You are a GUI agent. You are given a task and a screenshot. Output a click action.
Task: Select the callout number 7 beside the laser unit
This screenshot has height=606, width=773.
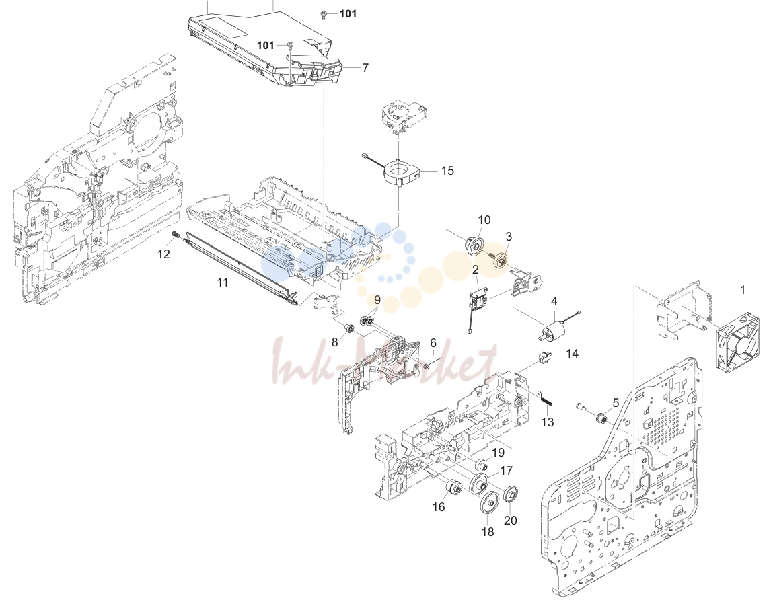[365, 67]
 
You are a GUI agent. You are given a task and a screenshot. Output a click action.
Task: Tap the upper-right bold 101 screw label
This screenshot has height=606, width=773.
[348, 14]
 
